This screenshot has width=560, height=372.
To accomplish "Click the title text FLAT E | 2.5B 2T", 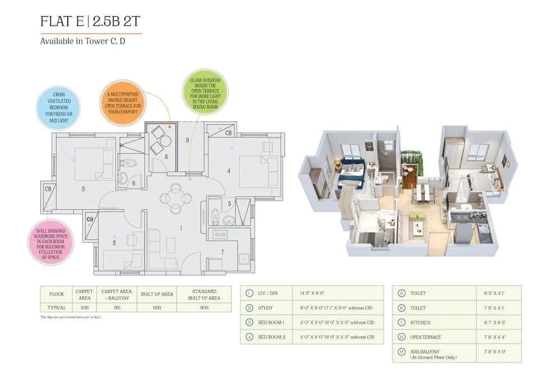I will point(90,22).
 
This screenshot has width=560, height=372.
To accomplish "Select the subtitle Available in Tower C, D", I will point(82,41).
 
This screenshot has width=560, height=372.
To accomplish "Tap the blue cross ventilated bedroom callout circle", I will point(58,107).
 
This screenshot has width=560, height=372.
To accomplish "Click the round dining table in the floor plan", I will point(175,198).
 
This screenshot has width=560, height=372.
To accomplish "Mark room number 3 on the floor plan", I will point(83,189).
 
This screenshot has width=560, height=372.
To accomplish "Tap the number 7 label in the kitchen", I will point(222,252).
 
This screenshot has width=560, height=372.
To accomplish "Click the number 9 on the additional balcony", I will point(188,140).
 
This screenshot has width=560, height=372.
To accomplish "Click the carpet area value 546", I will point(85,308).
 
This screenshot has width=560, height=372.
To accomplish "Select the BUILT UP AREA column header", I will point(156,294).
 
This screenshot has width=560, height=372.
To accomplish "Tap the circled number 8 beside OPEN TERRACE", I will point(402,337).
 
